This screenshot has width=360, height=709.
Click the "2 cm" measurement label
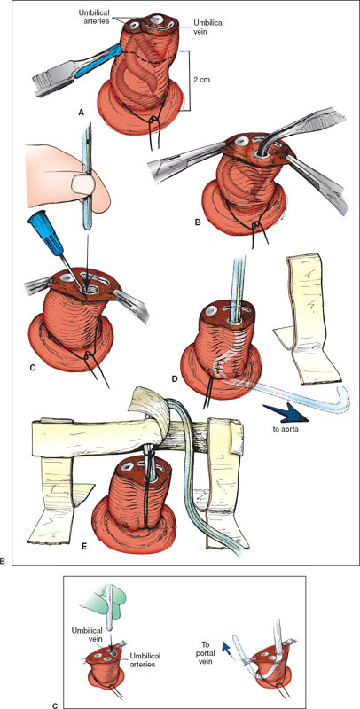pos(202,80)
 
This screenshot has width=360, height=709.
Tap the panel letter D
pos(176,378)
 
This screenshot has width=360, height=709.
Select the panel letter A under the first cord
pos(81,113)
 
